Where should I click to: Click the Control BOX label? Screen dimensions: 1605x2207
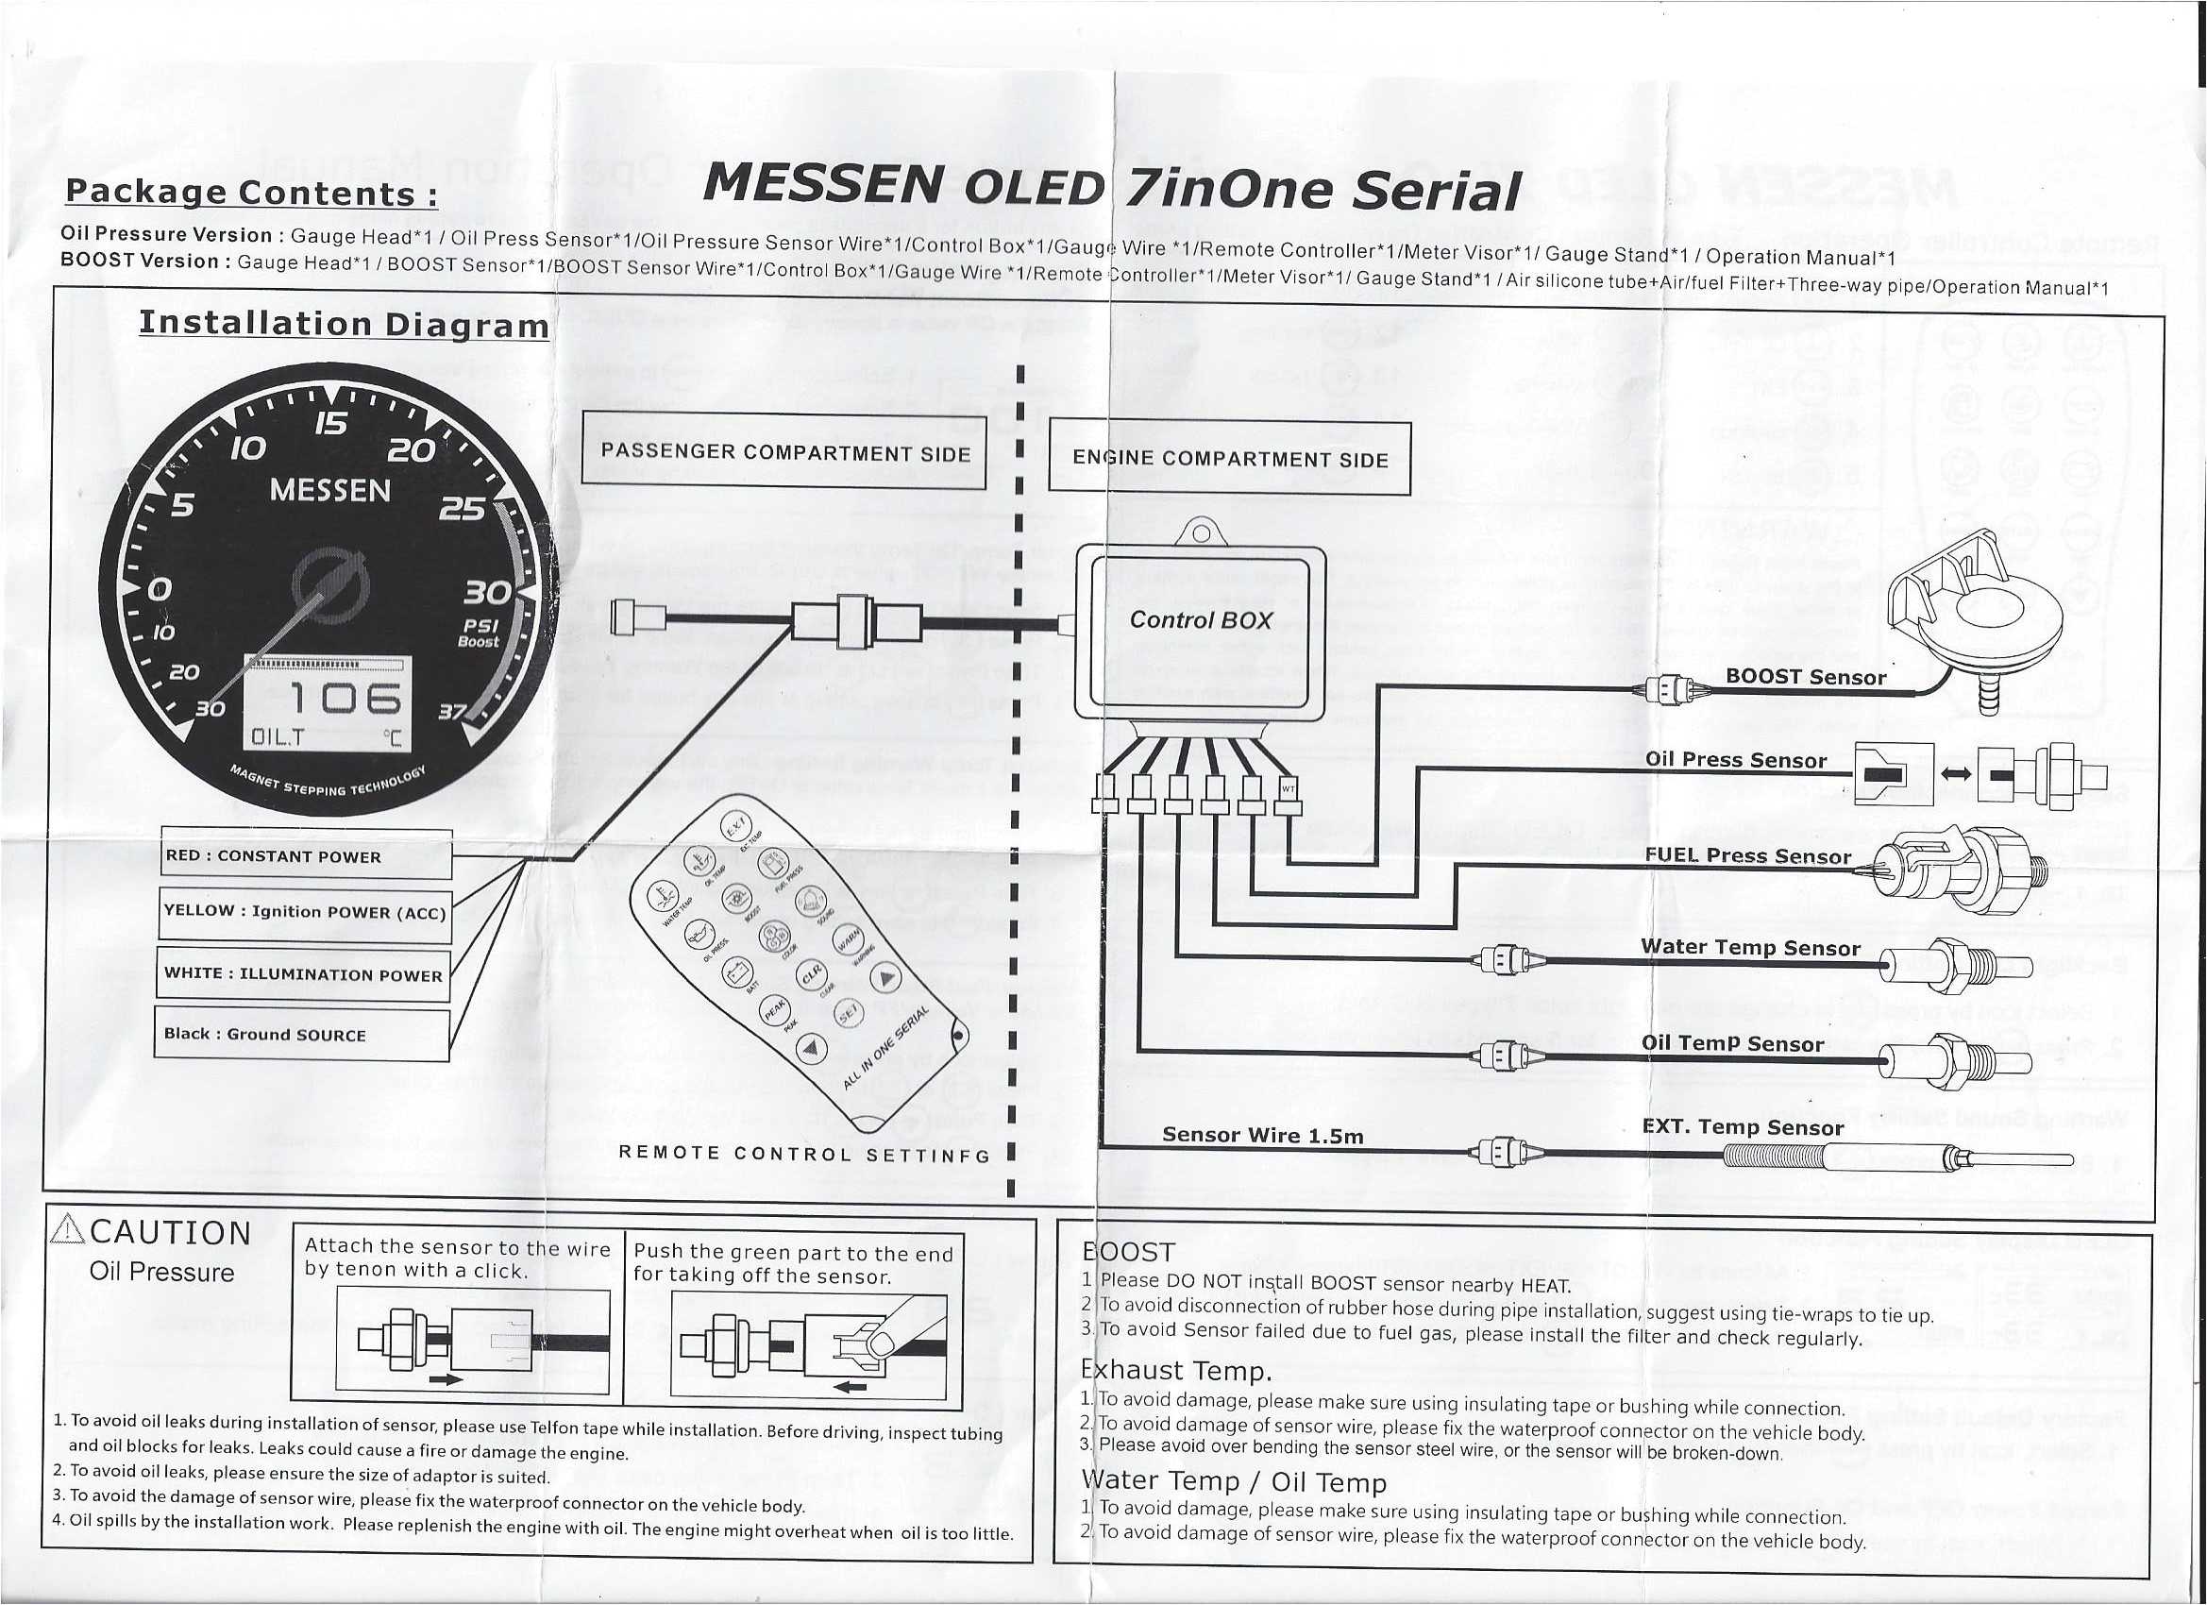click(x=1201, y=620)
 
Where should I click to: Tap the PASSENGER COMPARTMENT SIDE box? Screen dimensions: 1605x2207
click(x=784, y=452)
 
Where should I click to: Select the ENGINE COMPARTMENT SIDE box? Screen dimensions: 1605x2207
click(x=1229, y=460)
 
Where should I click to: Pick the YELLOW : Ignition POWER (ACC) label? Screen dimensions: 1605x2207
click(x=305, y=912)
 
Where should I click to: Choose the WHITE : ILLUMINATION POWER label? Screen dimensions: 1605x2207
click(x=303, y=974)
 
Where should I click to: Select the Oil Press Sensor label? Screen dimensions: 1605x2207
click(x=1735, y=760)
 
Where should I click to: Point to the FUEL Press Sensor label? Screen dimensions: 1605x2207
click(x=1747, y=856)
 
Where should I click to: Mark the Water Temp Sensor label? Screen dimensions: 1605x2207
click(x=1749, y=947)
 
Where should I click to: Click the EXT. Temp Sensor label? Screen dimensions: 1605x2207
click(x=1742, y=1127)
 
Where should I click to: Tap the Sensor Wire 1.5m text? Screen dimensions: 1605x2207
click(x=1262, y=1135)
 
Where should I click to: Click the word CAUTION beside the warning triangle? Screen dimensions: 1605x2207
click(x=171, y=1233)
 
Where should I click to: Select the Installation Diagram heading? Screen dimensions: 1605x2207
click(x=344, y=323)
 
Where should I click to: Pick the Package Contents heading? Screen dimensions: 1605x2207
click(x=250, y=193)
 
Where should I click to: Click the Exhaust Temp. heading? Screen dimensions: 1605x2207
click(x=1176, y=1371)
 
